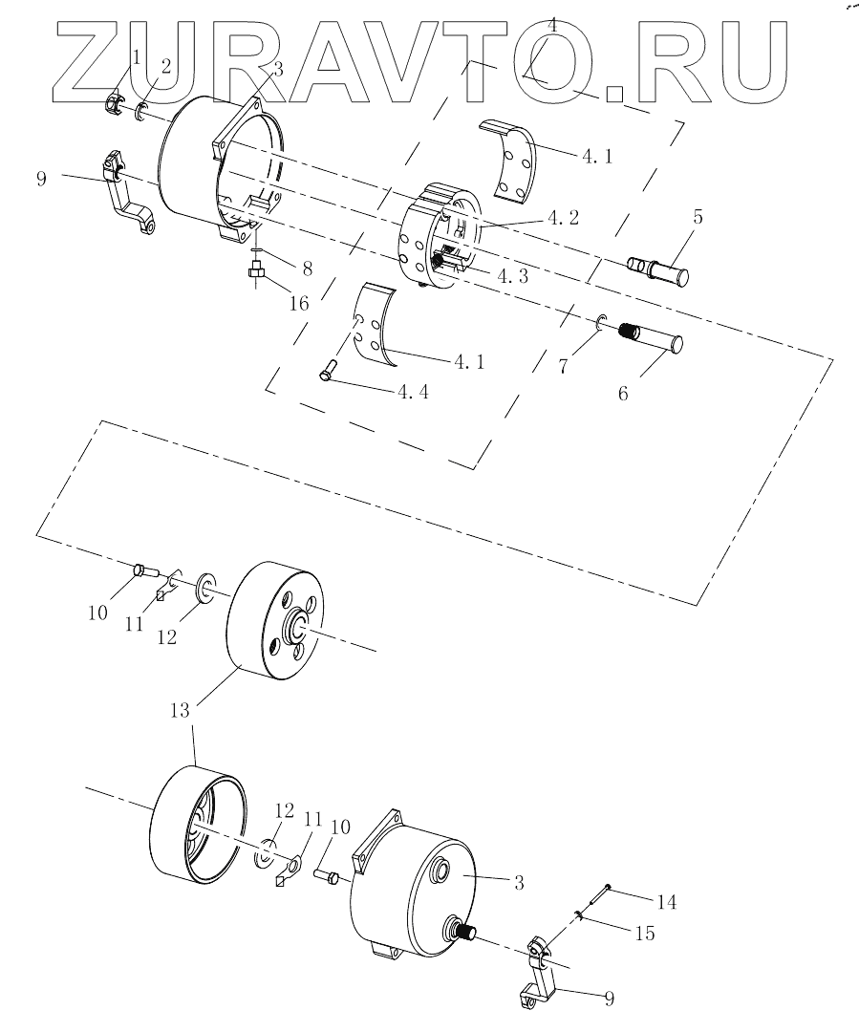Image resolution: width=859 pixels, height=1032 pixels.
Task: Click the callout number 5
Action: (x=698, y=216)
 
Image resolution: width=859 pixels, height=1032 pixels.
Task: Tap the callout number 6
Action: (x=623, y=393)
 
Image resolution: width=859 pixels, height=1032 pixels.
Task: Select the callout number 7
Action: (x=562, y=367)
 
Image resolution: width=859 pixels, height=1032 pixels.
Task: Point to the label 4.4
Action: (x=413, y=392)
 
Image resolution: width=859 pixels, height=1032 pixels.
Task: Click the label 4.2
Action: (x=563, y=217)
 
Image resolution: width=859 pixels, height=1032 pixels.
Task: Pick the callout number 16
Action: (x=299, y=303)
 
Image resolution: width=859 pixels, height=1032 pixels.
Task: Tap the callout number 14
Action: (x=666, y=901)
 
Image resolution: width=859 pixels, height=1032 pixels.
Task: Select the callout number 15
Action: (x=645, y=933)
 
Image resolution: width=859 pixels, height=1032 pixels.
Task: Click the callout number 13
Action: (x=180, y=710)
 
